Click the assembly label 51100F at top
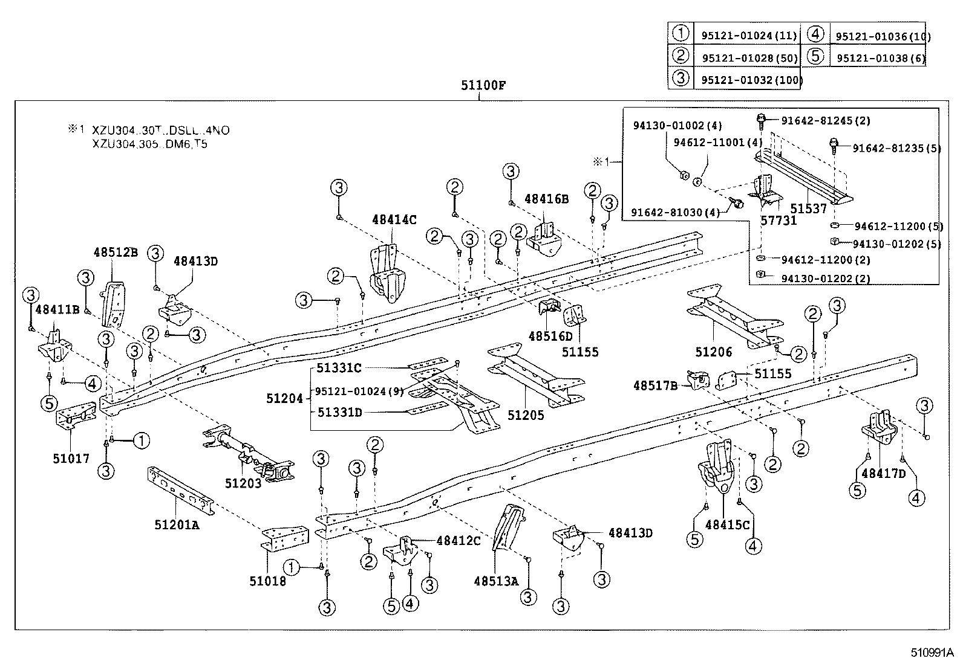482,85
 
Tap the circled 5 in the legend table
815,57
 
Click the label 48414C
394,220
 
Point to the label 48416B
546,198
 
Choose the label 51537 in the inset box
808,208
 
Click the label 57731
779,221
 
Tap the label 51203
243,482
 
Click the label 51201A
177,525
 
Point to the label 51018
267,581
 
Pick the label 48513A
497,581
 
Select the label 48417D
883,474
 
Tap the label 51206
713,352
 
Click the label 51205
526,415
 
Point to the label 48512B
116,252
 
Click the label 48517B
655,385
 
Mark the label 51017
71,458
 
